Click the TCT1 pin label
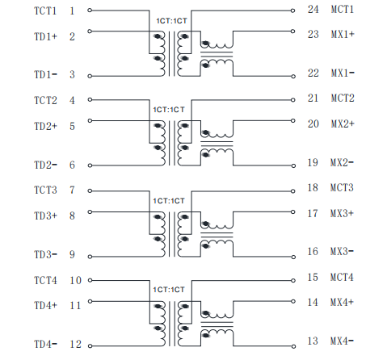45,11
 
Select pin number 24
313,10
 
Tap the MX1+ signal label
343,35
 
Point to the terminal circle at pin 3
90,76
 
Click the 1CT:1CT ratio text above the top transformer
171,21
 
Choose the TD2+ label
45,126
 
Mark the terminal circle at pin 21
293,100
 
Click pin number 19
313,162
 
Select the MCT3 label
342,187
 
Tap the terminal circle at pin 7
90,191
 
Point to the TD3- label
45,254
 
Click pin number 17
313,213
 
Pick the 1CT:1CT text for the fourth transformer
169,290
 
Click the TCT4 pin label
45,281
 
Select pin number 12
75,344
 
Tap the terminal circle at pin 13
293,346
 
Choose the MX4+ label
342,302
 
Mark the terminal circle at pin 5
90,120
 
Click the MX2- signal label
342,162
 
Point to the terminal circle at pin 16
293,257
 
